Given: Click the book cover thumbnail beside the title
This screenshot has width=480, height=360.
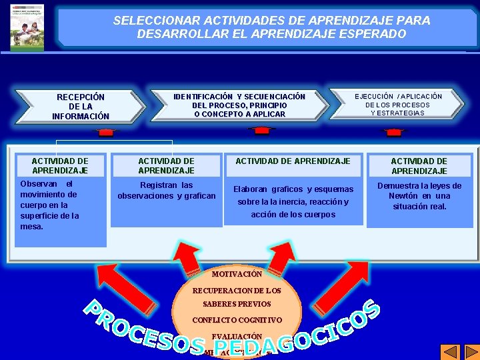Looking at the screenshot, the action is tap(27, 27).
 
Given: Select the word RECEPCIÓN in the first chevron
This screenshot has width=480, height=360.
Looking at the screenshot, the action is tap(81, 97).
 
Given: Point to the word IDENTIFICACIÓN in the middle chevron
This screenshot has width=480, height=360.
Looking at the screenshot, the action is tap(203, 97).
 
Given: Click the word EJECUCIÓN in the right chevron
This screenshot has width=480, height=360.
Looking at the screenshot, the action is tap(375, 97).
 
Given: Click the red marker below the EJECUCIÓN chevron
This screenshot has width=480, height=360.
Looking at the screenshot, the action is tap(394, 132).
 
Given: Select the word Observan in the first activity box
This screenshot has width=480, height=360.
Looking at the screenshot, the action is tap(38, 183).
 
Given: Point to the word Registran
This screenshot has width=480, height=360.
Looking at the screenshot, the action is tap(157, 185).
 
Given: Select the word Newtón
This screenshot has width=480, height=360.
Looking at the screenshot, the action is tap(403, 196).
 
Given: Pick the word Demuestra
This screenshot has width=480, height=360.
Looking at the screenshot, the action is tap(400, 186).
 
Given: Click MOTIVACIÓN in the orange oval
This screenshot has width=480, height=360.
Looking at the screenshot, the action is tap(237, 274).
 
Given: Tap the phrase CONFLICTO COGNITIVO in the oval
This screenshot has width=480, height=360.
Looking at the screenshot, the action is tap(237, 320).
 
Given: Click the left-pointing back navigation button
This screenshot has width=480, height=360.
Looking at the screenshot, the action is tap(451, 351).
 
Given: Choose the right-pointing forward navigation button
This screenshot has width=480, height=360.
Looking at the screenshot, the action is tap(470, 351).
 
